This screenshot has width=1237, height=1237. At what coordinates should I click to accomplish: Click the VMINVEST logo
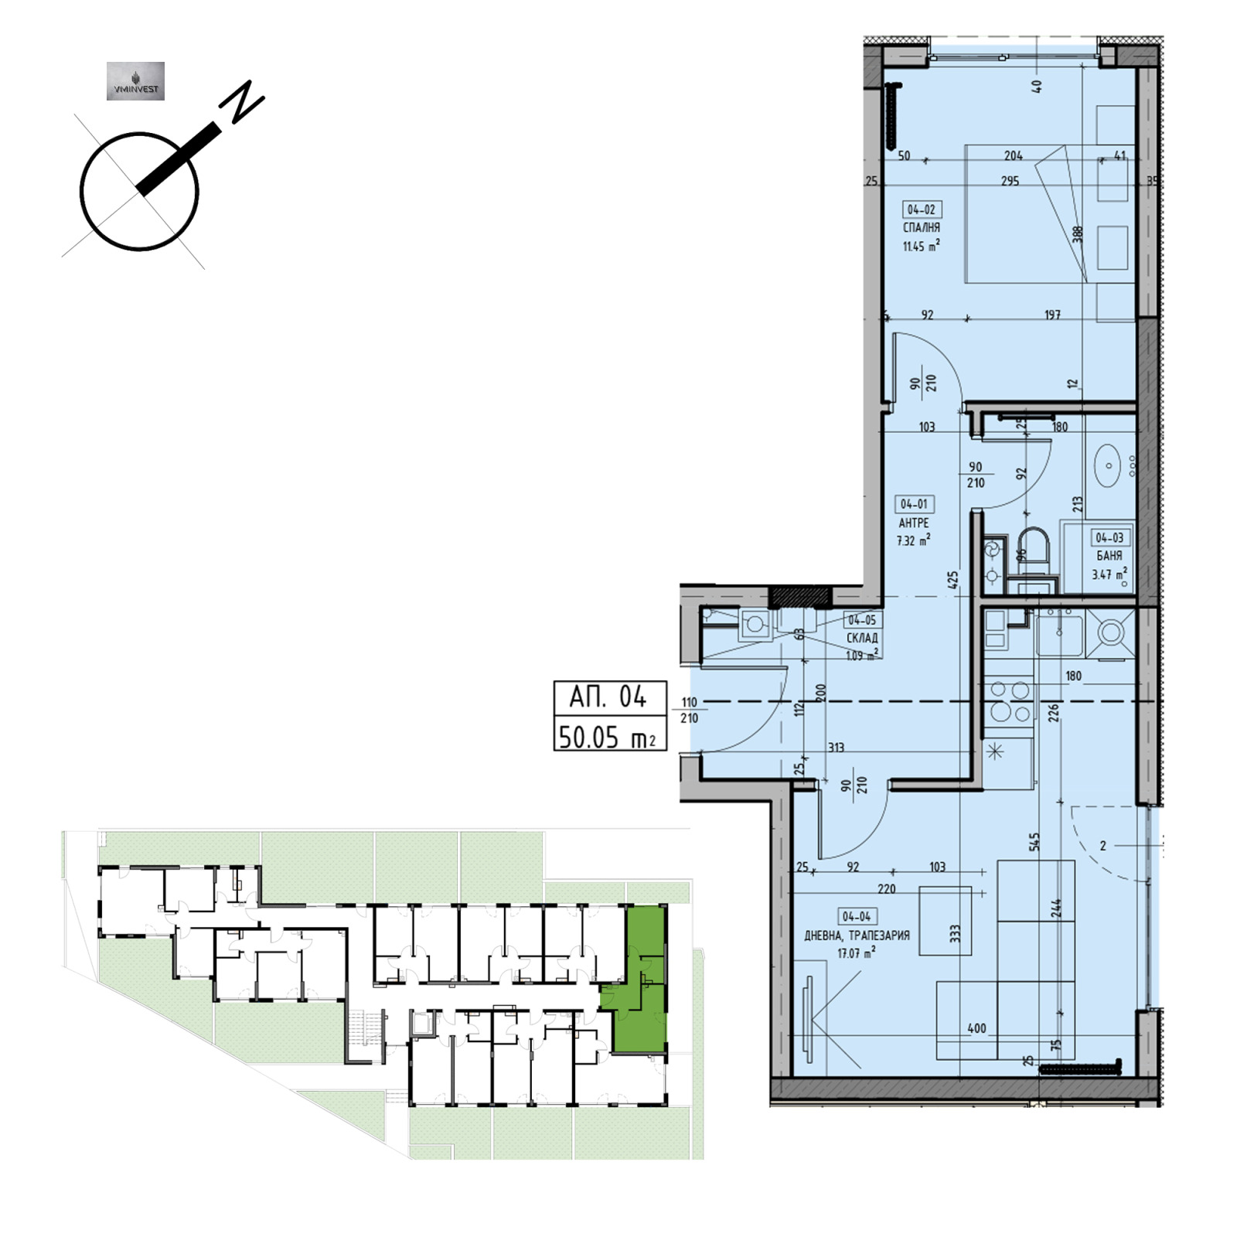pos(135,81)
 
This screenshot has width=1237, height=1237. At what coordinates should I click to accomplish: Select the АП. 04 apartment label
pos(608,697)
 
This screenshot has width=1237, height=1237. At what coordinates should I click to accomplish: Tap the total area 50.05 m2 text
pos(610,737)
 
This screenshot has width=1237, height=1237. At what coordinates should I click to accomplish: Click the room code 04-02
pos(921,210)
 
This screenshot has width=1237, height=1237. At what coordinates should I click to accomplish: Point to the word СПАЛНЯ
pos(922,228)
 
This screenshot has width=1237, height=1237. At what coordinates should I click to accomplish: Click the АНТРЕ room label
pos(914,523)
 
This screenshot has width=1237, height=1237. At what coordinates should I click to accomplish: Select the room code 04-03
pos(1109,537)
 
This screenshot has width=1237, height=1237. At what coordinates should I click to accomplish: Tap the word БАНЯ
pos(1109,556)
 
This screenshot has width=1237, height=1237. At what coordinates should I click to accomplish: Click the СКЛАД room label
pos(862,639)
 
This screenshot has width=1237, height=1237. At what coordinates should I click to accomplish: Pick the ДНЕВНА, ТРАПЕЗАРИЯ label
pos(857,935)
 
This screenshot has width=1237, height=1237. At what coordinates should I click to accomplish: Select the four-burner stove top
pos(1010,701)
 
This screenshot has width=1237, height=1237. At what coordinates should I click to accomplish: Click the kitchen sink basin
pos(1060,633)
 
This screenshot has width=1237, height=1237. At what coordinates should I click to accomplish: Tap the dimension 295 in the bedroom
pos(1010,181)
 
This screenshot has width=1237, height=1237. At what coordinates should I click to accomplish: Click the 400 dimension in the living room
pos(976,1028)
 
